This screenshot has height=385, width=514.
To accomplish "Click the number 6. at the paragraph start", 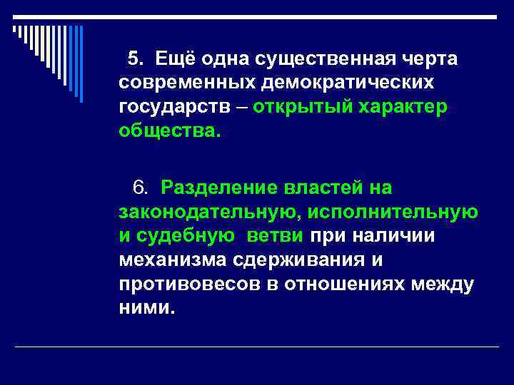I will click(x=140, y=188).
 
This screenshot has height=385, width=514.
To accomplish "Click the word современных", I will click(x=186, y=83).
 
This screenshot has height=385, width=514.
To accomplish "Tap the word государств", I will click(x=171, y=108).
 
